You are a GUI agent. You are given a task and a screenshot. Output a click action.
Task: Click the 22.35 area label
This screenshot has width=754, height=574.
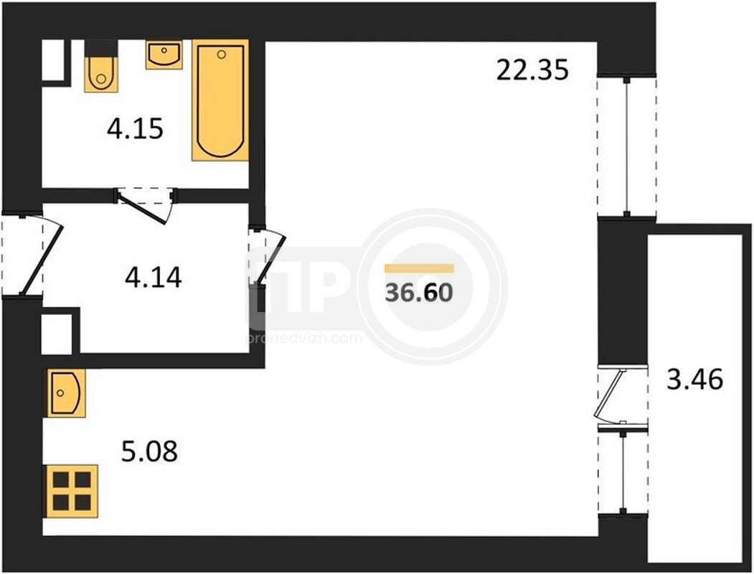coord(532,70)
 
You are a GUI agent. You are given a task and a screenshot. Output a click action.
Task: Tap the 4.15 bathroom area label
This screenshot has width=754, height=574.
coord(135,129)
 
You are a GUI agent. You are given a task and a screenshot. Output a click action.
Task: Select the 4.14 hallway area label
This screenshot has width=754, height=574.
coord(154,278)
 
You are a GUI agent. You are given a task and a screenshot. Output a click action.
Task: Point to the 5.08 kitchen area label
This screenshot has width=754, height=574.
coord(149,451)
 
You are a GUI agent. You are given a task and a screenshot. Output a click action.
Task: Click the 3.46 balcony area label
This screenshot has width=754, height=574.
coord(695,380)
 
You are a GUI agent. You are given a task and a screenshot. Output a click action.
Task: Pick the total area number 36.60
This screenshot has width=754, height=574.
coord(419,292)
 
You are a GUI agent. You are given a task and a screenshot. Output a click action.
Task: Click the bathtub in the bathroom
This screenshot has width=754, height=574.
coord(220,100)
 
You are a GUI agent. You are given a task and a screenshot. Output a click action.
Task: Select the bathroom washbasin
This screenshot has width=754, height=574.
coord(164,55)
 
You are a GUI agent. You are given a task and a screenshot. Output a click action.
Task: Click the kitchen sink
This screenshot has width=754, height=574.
coord(66,393)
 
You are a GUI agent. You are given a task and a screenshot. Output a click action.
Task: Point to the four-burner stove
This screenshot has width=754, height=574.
coord(72,491)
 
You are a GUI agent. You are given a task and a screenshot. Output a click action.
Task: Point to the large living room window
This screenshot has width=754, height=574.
coord(626,147)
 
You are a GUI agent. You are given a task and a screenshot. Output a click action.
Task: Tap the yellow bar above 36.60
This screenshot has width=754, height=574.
coord(419,268)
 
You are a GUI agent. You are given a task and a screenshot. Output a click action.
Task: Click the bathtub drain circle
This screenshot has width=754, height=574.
coord(221,55)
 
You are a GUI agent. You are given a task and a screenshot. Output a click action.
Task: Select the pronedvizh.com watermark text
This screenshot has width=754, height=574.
coord(304,339)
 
